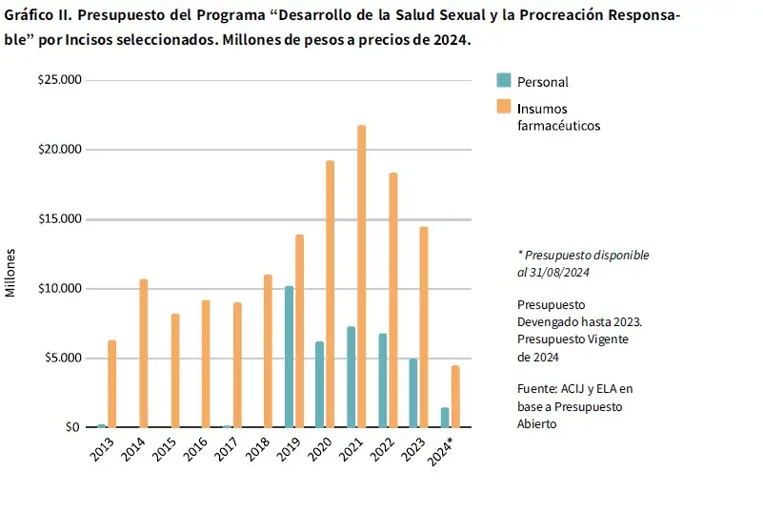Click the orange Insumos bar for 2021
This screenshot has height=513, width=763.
click(x=362, y=277)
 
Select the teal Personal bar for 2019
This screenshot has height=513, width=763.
click(x=289, y=357)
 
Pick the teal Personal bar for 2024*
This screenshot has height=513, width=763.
click(x=445, y=418)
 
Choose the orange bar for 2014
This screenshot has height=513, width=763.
click(x=144, y=353)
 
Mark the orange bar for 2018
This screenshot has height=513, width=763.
click(x=269, y=351)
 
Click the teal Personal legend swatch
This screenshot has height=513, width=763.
click(x=504, y=81)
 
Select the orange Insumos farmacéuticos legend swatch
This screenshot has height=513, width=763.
click(x=504, y=107)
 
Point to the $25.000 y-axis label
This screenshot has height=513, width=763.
click(x=60, y=80)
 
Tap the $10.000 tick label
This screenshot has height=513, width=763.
click(x=60, y=289)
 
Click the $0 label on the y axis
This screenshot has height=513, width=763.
click(x=72, y=427)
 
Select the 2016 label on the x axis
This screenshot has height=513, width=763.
click(x=197, y=449)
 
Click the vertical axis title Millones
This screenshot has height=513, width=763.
click(x=11, y=272)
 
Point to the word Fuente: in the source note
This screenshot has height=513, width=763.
click(x=539, y=388)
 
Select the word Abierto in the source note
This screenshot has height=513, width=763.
click(x=537, y=424)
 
